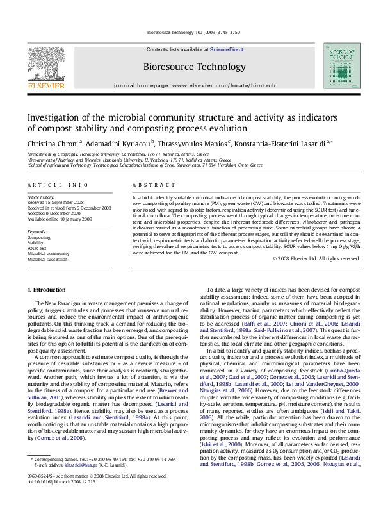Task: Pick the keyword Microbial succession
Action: tap(49, 260)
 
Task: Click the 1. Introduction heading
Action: tap(48, 291)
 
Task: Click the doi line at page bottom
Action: tap(57, 497)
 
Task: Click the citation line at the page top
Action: tap(190, 32)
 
